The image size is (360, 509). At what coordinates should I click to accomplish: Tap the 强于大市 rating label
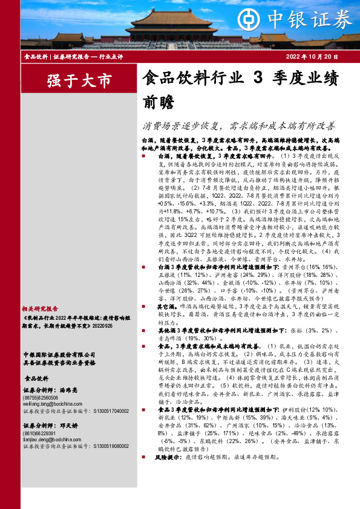(x=71, y=80)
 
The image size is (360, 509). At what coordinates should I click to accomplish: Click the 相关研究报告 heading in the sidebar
(x=41, y=307)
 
